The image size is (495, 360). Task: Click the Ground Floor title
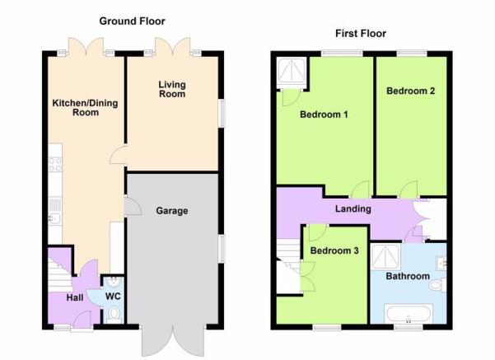coord(132,21)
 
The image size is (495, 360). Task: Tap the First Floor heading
coord(361,33)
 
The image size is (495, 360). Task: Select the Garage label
coord(172,211)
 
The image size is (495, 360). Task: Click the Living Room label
coord(172,89)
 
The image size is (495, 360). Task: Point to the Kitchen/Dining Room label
coord(85,108)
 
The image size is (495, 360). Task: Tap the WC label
coord(113,297)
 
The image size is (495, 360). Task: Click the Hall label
coord(75,297)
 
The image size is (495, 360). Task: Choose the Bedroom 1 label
coord(324,115)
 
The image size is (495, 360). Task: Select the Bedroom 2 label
coord(411,91)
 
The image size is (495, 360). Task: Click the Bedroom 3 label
coord(334,250)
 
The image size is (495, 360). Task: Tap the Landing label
coord(353,208)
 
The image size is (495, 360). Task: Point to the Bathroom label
coord(408,276)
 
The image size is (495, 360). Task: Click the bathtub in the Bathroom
coord(409,314)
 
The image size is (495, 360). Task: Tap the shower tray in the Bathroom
coord(385,257)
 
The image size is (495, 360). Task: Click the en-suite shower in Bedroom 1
coord(292,72)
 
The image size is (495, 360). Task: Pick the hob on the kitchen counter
coord(55,165)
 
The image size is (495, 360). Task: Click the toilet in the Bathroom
coord(438,285)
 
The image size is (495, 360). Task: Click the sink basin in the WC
coord(113,282)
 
